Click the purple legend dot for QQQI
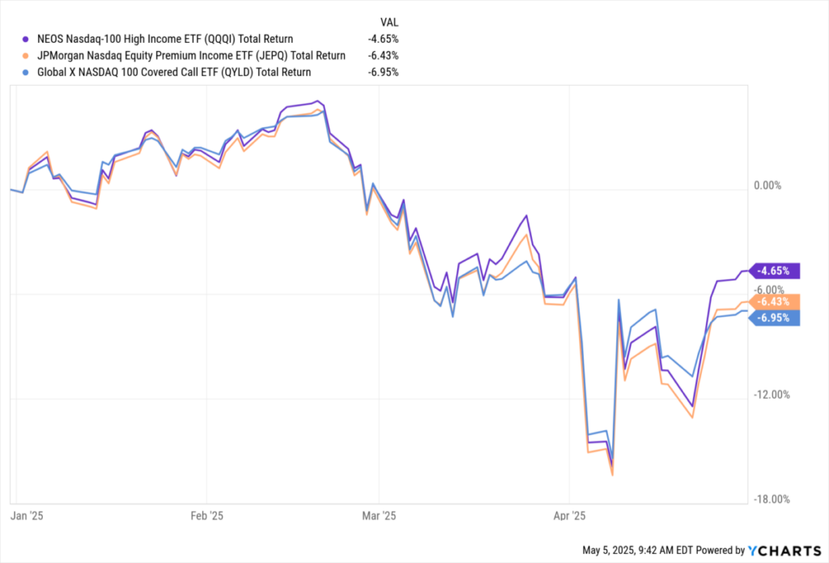27,38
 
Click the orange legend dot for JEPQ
27,55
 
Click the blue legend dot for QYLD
27,72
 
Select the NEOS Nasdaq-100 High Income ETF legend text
165,38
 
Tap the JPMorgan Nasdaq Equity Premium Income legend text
191,55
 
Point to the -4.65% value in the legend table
383,38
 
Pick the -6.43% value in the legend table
383,55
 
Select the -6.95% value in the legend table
383,72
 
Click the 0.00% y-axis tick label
767,186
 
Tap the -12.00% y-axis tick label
770,395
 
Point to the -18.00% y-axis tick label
770,499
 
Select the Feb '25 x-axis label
206,515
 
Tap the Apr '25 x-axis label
569,515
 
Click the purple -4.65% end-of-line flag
776,271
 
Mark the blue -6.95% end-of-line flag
776,318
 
